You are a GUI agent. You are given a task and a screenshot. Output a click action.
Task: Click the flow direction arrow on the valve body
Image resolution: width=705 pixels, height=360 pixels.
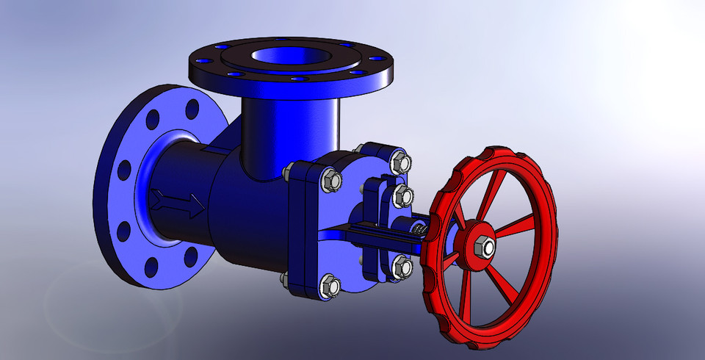pos(178,204)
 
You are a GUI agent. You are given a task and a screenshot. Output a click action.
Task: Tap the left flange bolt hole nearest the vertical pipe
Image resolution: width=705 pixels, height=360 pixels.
pos(192,109)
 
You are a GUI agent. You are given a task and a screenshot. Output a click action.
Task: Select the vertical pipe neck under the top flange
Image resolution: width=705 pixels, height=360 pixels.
pos(291,132)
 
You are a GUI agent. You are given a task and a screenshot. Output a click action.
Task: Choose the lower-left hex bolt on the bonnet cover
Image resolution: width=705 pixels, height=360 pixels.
pos(329,285)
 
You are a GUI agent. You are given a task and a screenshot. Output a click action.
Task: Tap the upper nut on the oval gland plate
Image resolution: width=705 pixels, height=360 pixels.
pos(402,195)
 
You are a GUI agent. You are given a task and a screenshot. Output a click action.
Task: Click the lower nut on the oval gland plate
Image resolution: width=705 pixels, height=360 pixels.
pos(400,266)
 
